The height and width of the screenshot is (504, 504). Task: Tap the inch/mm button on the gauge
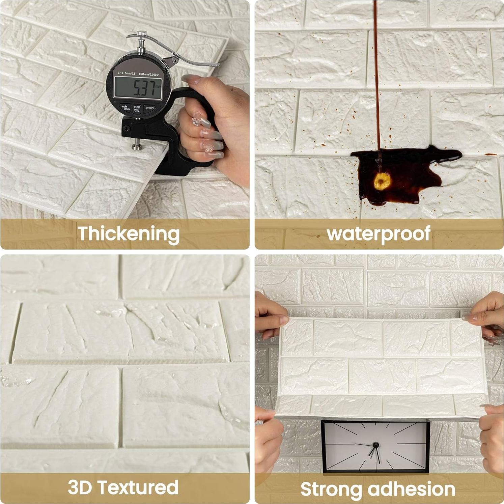[125, 107]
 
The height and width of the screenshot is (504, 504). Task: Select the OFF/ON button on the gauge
[137, 108]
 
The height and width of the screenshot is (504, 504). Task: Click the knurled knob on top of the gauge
[142, 34]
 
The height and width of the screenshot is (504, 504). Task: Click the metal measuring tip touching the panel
[137, 146]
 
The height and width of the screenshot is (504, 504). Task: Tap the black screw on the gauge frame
[126, 129]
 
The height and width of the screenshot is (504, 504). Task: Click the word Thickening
[128, 233]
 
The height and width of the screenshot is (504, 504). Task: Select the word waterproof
[379, 233]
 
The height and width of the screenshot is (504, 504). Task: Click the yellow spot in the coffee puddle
[382, 181]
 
